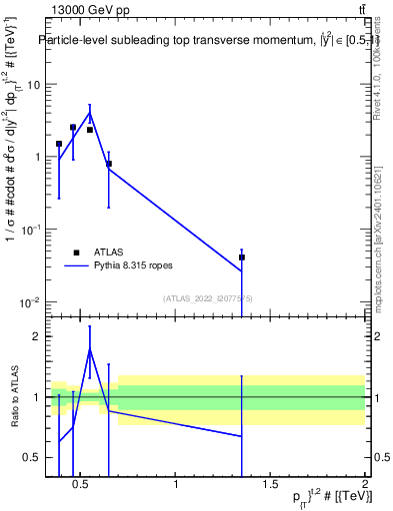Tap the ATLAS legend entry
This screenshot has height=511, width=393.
121,254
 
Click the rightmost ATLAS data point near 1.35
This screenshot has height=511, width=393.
242,257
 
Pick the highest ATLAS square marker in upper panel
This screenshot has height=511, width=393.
73,128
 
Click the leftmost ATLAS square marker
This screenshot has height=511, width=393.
59,144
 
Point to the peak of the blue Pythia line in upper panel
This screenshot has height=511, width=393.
90,113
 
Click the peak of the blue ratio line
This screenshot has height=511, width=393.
90,350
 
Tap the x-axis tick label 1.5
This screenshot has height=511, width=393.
271,485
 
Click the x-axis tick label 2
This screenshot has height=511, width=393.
364,485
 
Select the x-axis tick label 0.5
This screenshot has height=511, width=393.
83,485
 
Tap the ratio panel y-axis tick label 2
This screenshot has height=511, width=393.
37,336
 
